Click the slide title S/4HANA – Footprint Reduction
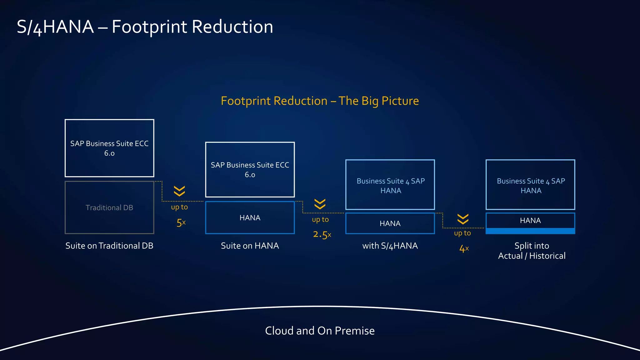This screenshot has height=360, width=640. (145, 27)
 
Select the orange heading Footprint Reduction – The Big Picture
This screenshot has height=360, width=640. (320, 101)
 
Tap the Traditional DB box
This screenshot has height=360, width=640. (109, 207)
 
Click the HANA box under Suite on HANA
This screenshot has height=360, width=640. (250, 217)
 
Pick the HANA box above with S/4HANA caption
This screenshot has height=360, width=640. (390, 223)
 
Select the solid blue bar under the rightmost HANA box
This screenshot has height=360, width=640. (530, 231)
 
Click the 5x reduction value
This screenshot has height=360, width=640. (181, 223)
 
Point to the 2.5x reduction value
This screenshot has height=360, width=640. (322, 234)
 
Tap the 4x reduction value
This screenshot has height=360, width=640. (464, 249)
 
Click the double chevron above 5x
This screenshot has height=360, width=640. (179, 191)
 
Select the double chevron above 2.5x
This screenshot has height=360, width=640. (320, 204)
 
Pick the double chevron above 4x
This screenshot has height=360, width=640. (463, 219)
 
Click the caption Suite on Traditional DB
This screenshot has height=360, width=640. (109, 246)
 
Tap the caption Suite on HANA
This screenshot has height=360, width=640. (250, 246)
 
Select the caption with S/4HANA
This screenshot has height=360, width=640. (390, 246)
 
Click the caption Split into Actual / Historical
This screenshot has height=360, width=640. (532, 251)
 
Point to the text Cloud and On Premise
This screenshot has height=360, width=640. (320, 331)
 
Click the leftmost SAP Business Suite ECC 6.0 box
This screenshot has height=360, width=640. (109, 148)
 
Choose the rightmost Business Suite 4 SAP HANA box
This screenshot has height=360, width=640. (530, 185)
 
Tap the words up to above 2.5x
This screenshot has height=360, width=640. (320, 219)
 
